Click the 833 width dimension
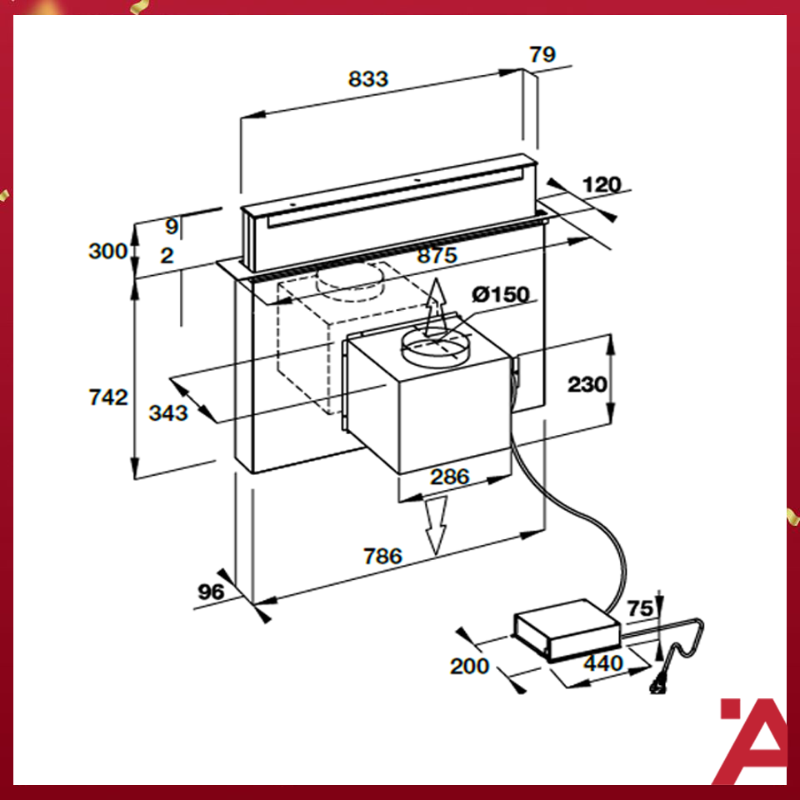[x=368, y=79]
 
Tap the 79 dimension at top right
[x=542, y=55]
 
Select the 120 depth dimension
[x=602, y=185]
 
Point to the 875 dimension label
[x=437, y=256]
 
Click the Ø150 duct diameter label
[x=498, y=294]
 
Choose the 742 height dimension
[x=108, y=397]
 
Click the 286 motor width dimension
[x=449, y=477]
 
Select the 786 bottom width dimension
[x=382, y=556]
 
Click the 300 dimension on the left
[x=108, y=250]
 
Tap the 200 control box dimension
[x=469, y=666]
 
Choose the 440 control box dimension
[x=602, y=663]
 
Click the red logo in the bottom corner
[x=752, y=740]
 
